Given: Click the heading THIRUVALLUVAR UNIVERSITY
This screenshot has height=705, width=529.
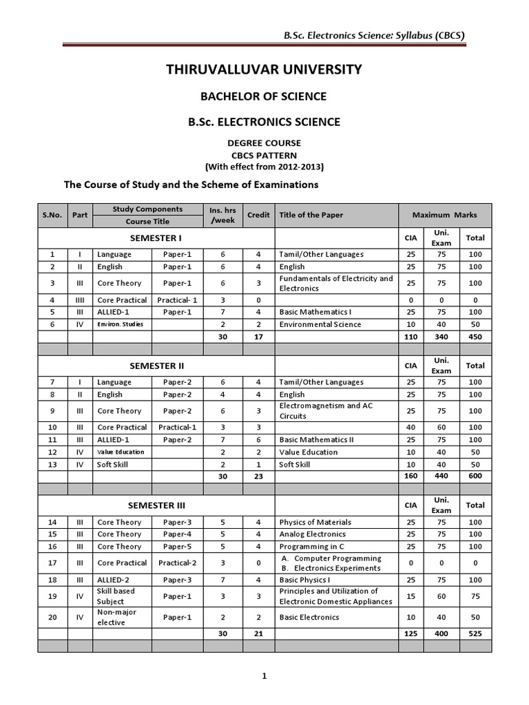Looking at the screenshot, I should [264, 69].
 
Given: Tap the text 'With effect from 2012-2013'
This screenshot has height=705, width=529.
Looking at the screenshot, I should [264, 167].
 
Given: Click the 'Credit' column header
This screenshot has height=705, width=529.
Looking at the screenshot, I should [258, 215].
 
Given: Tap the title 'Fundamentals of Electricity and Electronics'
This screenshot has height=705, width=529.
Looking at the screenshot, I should [336, 283].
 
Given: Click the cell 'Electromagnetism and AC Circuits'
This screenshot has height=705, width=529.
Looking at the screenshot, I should [326, 411].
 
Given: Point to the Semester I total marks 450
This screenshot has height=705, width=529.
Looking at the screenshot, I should [475, 337].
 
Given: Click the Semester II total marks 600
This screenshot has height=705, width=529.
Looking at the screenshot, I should [475, 476].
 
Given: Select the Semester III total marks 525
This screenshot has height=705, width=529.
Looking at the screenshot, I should [475, 633].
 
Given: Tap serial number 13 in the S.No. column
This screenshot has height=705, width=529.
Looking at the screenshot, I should [51, 465].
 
